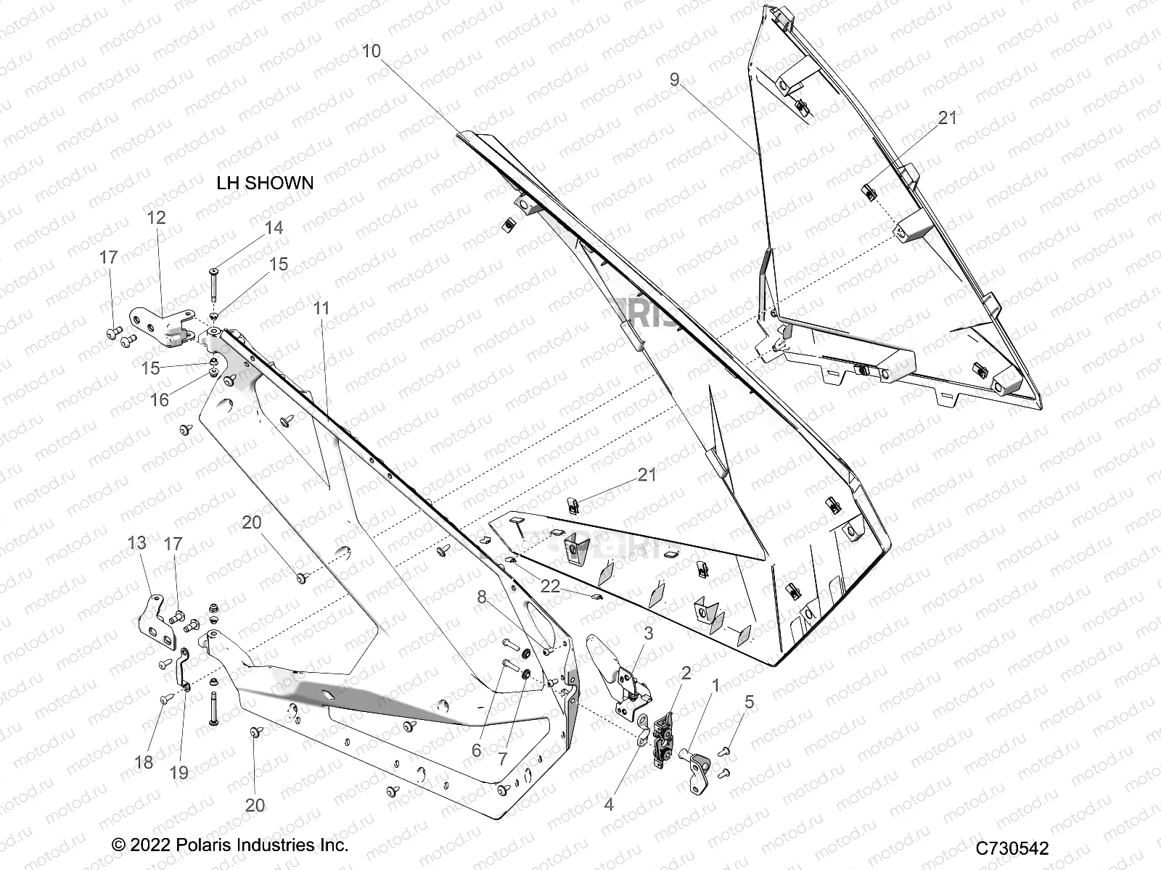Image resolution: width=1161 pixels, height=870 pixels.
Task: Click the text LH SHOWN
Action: (x=265, y=183)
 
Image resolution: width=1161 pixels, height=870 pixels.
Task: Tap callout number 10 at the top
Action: (x=371, y=51)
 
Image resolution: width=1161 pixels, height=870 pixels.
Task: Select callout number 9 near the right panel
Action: (x=674, y=80)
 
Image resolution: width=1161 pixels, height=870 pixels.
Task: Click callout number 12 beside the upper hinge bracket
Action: (x=156, y=217)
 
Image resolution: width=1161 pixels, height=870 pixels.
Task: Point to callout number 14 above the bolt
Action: (x=274, y=228)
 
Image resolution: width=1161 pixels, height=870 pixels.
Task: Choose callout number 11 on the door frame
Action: (x=321, y=308)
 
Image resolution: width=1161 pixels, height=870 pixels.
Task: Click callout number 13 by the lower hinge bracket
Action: (x=136, y=542)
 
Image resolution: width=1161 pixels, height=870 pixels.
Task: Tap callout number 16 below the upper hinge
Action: (x=159, y=399)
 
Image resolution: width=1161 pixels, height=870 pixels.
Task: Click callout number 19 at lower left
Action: (x=179, y=773)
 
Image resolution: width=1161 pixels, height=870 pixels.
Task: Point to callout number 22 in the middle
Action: (x=550, y=586)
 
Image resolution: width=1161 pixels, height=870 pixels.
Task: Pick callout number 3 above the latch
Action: (x=648, y=633)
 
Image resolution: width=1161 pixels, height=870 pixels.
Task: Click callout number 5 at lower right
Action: (x=749, y=702)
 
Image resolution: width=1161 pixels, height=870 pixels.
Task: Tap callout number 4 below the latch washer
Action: (x=609, y=805)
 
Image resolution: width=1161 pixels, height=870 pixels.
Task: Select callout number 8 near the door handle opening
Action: (x=483, y=597)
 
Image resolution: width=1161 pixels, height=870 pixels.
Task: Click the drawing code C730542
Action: (x=1012, y=848)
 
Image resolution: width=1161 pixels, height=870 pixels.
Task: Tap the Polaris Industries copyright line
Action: (x=230, y=845)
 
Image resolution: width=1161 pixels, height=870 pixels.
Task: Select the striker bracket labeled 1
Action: (x=697, y=764)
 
